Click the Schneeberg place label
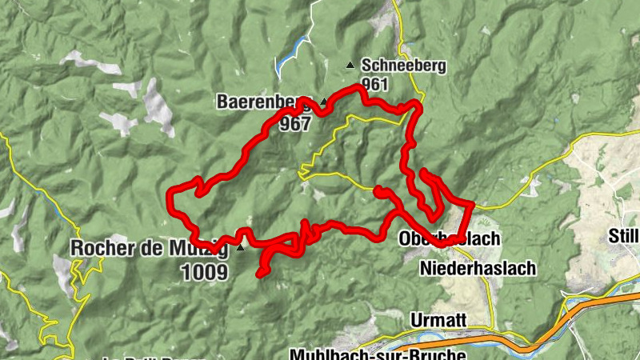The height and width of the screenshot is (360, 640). click(403, 66)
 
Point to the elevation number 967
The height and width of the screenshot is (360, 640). click(294, 124)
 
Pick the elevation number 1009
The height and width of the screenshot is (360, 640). click(204, 273)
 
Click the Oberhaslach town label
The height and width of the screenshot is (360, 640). click(448, 239)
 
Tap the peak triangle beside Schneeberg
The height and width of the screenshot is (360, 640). click(350, 65)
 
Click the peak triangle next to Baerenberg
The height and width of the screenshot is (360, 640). click(323, 102)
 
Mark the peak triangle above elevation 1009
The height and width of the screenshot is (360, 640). click(240, 247)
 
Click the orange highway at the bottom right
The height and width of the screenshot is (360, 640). click(560, 321)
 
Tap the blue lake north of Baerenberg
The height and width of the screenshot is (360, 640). click(288, 56)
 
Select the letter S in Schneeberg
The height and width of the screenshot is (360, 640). click(366, 66)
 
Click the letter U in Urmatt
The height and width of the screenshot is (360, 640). click(414, 319)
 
